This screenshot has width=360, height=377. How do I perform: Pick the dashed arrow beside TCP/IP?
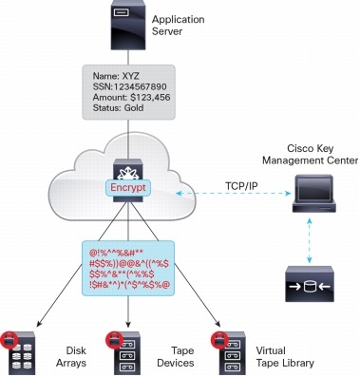pyautogui.click(x=228, y=194)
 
